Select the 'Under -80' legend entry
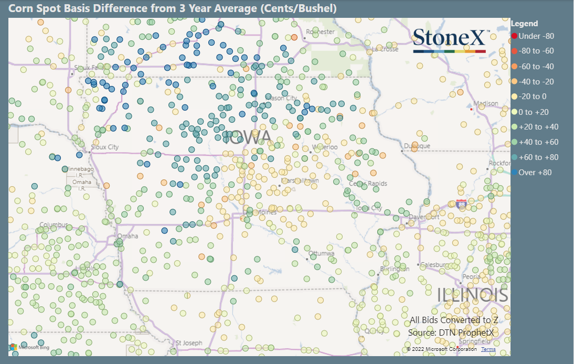[x=533, y=36]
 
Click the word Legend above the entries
[x=524, y=24]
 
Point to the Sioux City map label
[x=105, y=147]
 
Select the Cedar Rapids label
[x=368, y=184]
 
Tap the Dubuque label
[x=417, y=146]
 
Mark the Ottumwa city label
[x=321, y=253]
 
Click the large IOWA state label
[x=247, y=138]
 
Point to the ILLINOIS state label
[x=473, y=295]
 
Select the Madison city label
[x=485, y=104]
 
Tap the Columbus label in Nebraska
[x=54, y=226]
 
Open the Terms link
[x=488, y=349]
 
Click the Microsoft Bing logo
[x=30, y=347]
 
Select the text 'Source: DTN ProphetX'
[x=450, y=333]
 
